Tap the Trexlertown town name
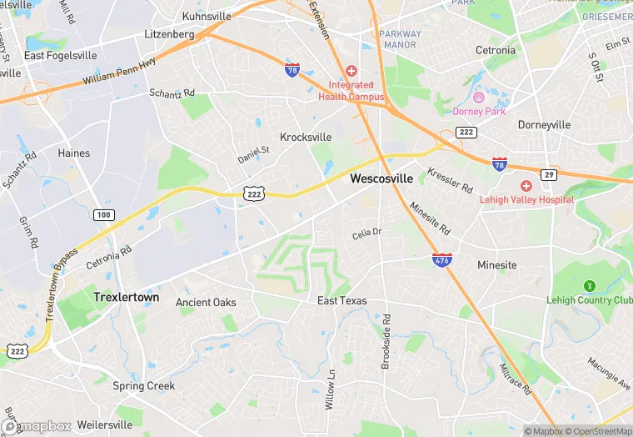point(127,296)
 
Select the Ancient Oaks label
point(206,302)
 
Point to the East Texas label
point(342,300)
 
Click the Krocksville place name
point(306,137)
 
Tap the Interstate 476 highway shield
point(443,260)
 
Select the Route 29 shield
point(548,174)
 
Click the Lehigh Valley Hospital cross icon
point(526,185)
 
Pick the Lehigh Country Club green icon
point(590,286)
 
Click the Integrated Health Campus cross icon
point(351,72)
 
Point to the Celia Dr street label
point(366,233)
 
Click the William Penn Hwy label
point(120,69)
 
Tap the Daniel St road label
point(254,154)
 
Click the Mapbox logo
point(37,426)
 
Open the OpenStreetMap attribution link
point(595,431)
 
